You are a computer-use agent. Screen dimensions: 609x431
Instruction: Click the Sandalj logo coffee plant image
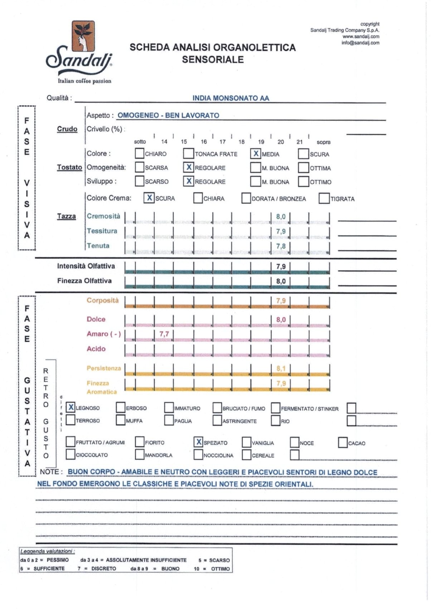83,36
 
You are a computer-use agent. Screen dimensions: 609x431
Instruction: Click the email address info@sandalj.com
360,43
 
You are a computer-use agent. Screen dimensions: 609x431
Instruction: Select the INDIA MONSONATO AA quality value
231,98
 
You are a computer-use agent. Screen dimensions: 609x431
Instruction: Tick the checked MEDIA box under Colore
256,154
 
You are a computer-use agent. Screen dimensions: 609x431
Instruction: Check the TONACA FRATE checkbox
188,154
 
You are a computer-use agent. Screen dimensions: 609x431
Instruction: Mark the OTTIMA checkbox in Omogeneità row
304,168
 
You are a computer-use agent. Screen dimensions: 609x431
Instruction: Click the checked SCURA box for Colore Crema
149,198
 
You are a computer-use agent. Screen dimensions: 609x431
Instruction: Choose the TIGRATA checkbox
324,198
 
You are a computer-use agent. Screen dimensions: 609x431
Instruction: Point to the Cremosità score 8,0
281,217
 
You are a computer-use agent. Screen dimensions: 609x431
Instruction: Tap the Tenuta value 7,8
281,246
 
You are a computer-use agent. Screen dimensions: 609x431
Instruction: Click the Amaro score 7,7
164,334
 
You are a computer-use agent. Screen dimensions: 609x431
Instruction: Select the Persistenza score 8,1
281,368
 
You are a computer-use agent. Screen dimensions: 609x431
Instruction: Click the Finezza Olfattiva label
84,281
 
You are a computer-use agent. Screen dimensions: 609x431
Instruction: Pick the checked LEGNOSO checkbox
71,407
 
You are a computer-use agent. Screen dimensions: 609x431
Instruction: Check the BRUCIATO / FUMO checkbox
217,408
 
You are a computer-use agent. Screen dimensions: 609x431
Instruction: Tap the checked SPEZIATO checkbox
198,442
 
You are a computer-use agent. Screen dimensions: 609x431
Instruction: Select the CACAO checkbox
343,443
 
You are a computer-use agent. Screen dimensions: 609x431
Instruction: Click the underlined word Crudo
67,129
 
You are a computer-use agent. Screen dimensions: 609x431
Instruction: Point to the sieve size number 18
242,142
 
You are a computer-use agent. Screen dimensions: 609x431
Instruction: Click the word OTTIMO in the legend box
220,569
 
